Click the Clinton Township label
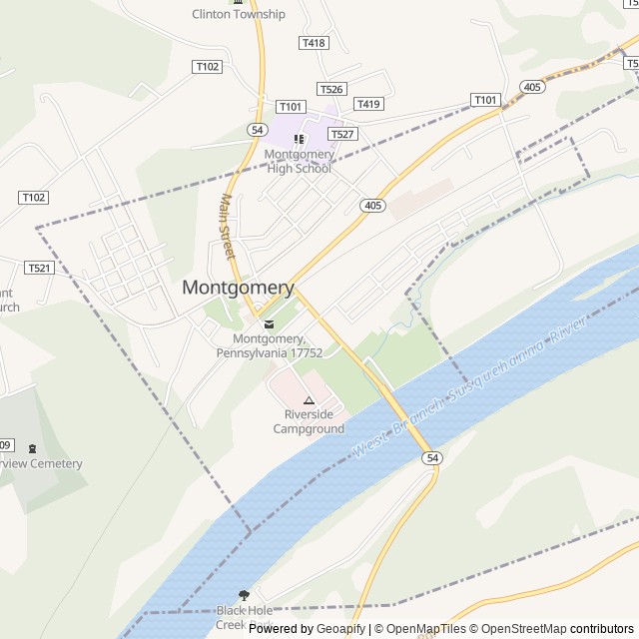[x=239, y=14]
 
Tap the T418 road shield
[x=313, y=43]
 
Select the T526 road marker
[x=330, y=89]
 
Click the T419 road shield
[x=368, y=104]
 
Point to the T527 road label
[x=342, y=134]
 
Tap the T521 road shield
[x=38, y=268]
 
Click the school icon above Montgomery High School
[x=299, y=139]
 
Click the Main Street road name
[x=226, y=231]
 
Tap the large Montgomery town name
[x=238, y=288]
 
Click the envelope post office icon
[x=268, y=323]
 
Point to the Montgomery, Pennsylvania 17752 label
[x=269, y=346]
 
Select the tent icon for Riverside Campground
[x=309, y=399]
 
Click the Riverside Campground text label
[x=309, y=421]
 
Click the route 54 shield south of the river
[x=430, y=457]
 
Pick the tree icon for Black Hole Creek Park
[x=244, y=594]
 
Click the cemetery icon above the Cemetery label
[x=32, y=449]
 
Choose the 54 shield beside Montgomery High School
[x=258, y=130]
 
